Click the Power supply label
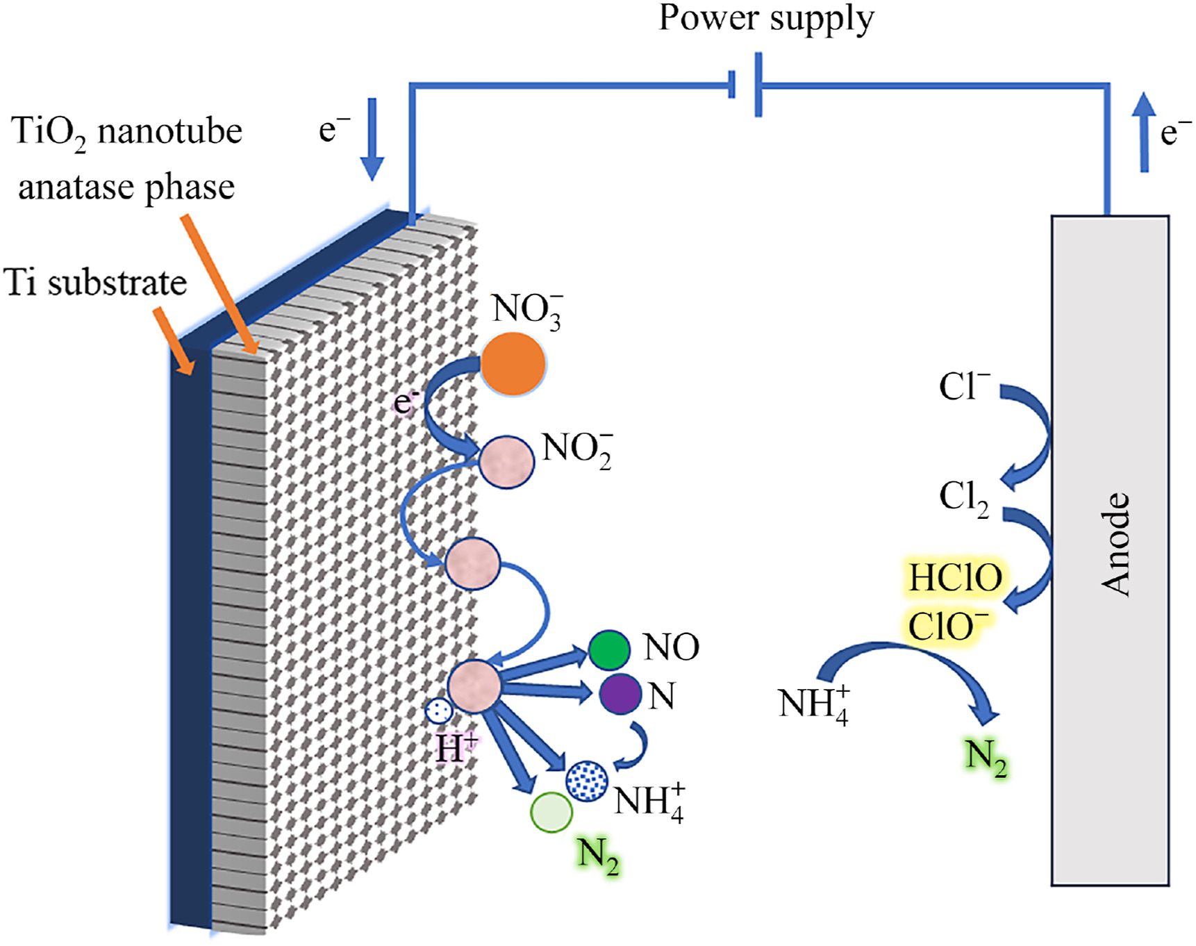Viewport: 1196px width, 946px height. click(x=766, y=19)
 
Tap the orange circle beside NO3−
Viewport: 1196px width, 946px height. click(x=513, y=364)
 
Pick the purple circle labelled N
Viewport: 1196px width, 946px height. click(x=620, y=694)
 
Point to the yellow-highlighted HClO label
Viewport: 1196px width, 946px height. click(x=956, y=578)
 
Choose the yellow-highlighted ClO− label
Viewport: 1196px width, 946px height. click(x=948, y=626)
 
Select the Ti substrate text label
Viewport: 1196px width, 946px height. click(x=96, y=283)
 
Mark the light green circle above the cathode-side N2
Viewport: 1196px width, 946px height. click(x=551, y=812)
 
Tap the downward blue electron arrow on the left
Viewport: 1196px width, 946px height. click(x=372, y=139)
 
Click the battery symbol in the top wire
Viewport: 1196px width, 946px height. click(x=746, y=85)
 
